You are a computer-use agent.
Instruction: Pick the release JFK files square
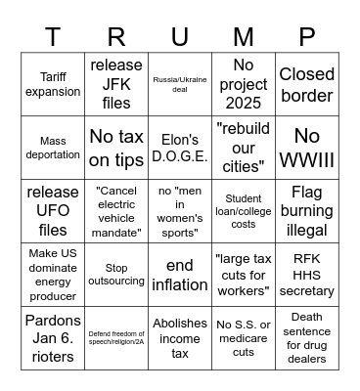pos(116,84)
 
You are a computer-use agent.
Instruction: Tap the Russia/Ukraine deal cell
pos(180,84)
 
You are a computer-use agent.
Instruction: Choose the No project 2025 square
pos(244,84)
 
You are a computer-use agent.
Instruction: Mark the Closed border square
pos(307,84)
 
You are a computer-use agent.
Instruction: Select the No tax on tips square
pos(116,148)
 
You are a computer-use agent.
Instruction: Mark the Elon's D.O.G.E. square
pos(180,148)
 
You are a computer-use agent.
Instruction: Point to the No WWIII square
pos(307,148)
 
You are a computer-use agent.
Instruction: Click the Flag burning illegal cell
pos(307,211)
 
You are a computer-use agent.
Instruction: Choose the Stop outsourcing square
pos(116,275)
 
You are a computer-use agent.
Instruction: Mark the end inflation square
pos(180,275)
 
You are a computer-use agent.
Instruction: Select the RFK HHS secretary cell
pos(307,275)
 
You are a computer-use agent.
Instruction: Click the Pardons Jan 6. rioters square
pos(53,338)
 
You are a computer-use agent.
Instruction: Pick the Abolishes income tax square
pos(180,338)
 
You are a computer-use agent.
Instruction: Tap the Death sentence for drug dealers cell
pos(307,338)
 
